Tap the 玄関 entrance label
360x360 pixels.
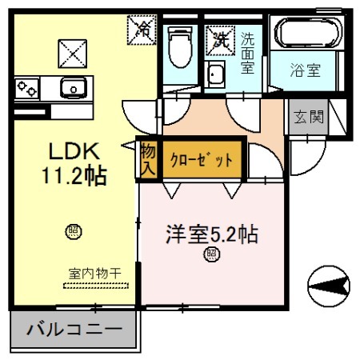(x=307, y=118)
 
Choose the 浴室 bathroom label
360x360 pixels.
(x=305, y=70)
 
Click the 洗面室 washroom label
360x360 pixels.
(x=248, y=52)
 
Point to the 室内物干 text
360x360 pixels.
(x=94, y=274)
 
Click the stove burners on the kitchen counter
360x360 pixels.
(x=26, y=86)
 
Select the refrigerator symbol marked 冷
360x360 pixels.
(x=143, y=31)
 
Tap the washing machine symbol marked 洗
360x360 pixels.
(x=218, y=37)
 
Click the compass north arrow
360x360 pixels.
(x=330, y=284)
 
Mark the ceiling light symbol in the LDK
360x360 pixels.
(x=72, y=233)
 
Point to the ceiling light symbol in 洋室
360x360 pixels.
(x=212, y=255)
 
